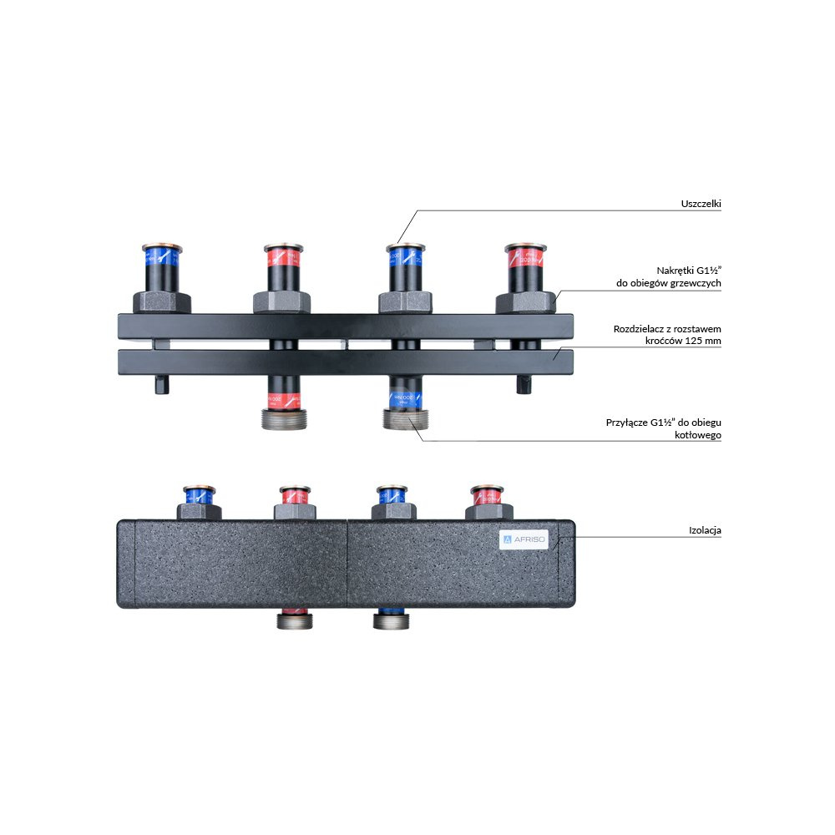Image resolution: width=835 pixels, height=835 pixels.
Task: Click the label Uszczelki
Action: coord(700,203)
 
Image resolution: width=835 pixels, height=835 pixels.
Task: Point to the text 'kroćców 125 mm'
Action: coord(684,342)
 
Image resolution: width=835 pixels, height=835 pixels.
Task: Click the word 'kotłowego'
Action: coord(698,435)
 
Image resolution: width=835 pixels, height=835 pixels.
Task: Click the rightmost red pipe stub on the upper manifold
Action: coord(526,266)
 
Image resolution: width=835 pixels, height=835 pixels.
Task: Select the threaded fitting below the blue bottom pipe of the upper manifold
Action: coord(404,418)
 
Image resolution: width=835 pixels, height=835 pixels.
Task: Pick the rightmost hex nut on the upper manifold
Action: coord(526,300)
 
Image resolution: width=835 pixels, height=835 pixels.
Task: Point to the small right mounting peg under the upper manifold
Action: coord(524,384)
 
